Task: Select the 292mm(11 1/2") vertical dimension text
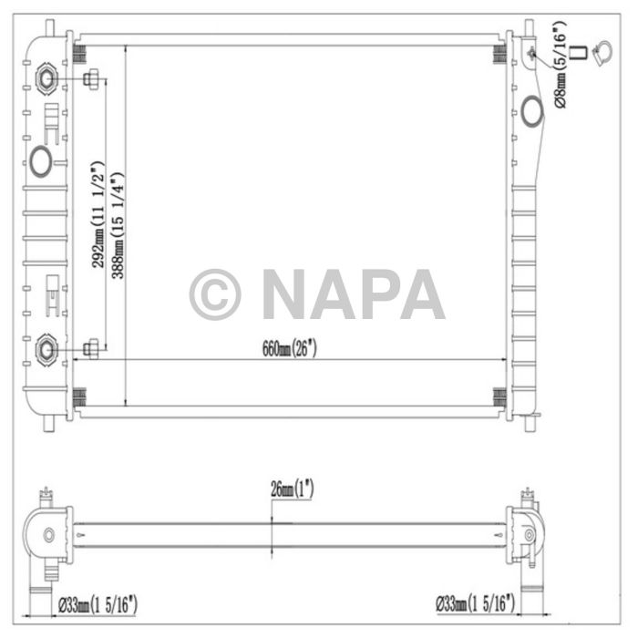click(98, 215)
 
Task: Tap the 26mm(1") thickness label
click(293, 489)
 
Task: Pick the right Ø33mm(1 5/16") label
click(475, 602)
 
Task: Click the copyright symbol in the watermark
click(215, 294)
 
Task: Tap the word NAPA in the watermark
click(353, 294)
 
